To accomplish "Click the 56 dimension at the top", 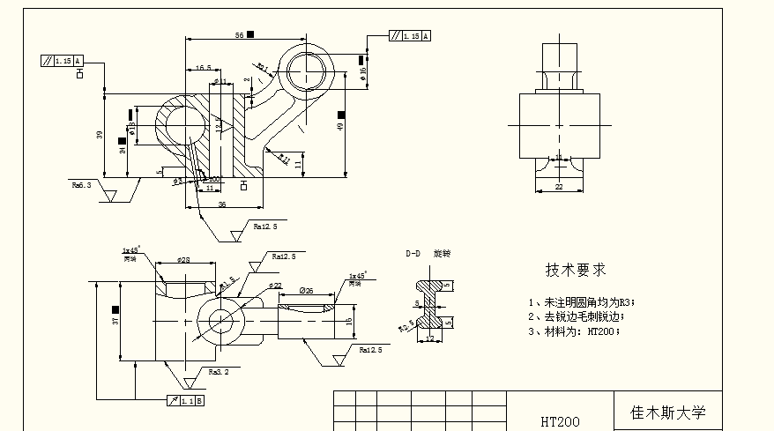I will [239, 34].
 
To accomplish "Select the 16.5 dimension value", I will [203, 68].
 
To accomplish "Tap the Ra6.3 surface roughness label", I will [82, 185].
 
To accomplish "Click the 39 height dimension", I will [100, 135].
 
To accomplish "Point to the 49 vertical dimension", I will [339, 127].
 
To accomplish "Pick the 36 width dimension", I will [221, 204].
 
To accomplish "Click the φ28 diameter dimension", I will [183, 260].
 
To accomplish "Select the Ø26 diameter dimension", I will [307, 290].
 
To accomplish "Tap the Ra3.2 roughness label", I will [219, 372].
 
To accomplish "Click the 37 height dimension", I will [115, 322].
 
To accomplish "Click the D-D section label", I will [413, 253].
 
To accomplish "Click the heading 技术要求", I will [575, 270].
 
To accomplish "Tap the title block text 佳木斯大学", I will [667, 412].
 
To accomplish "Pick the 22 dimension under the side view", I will [558, 187].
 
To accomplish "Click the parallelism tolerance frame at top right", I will [410, 36].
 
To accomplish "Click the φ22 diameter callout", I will [275, 286].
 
